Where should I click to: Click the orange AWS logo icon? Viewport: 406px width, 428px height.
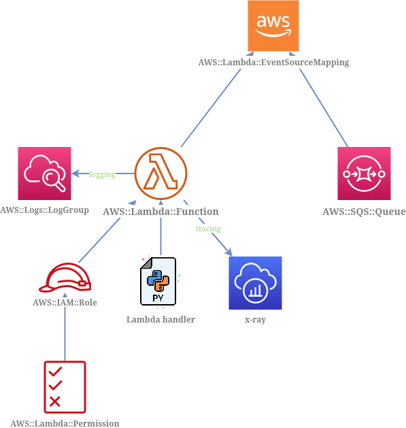coord(273,27)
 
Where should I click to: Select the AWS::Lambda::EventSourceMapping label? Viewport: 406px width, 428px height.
coord(273,62)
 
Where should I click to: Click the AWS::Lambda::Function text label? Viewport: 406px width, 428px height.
coord(160,212)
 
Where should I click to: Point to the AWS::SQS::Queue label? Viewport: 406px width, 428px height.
coord(364,212)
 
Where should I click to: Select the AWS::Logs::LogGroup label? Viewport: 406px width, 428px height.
coord(45,210)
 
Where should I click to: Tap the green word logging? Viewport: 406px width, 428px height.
coord(102,175)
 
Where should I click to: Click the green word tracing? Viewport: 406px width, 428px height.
coord(208,229)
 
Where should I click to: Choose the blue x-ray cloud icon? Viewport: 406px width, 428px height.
coord(255,283)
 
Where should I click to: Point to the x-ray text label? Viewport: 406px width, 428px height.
coord(255,319)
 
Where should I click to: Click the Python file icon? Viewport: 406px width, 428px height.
coord(160,282)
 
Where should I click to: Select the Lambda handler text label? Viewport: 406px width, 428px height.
coord(160,319)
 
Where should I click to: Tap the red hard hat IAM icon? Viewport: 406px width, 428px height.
coord(65,278)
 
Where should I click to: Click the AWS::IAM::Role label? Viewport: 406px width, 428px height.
coord(65,301)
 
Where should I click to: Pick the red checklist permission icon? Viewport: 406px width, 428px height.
coord(65,386)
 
